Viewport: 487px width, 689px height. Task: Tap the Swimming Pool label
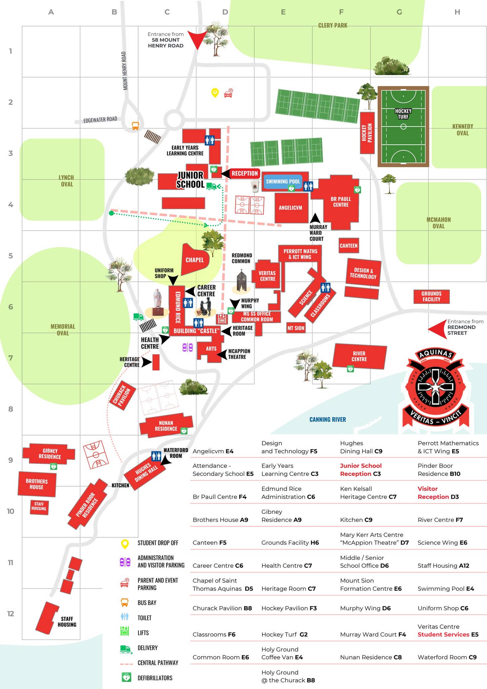click(x=283, y=181)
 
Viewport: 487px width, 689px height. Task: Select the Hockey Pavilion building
click(x=367, y=133)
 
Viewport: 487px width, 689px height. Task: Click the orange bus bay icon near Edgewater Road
click(x=135, y=126)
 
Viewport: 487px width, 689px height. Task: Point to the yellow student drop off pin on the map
click(x=215, y=93)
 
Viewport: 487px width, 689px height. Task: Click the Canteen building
click(x=348, y=246)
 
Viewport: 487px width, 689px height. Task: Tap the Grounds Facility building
click(x=431, y=296)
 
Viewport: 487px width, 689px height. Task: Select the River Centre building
click(x=359, y=356)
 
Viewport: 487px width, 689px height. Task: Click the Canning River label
click(x=327, y=420)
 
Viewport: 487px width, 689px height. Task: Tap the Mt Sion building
click(x=296, y=328)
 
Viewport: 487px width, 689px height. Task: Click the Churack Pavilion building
click(x=122, y=395)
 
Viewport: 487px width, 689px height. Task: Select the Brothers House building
click(x=37, y=484)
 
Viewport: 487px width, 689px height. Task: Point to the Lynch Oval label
click(x=66, y=181)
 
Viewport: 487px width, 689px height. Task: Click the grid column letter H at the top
click(x=457, y=12)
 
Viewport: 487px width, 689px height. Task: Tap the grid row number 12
click(x=11, y=614)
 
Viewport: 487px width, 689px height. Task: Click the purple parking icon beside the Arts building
click(x=187, y=347)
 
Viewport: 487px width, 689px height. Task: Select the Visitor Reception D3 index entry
click(x=438, y=493)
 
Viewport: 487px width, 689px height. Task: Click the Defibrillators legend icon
click(x=126, y=678)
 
